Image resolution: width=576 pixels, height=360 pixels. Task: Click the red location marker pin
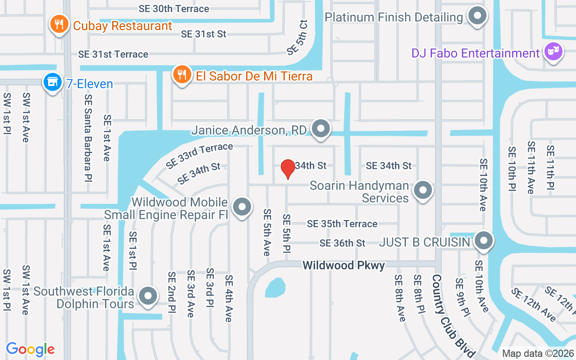[288, 169]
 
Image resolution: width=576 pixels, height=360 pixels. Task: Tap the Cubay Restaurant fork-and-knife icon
[59, 24]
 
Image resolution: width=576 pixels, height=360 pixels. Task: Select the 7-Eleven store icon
[53, 83]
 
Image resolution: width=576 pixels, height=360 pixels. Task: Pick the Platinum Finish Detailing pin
[477, 17]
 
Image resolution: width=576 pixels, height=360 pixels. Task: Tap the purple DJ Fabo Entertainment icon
[553, 52]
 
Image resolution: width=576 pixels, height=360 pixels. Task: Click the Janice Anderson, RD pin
[321, 129]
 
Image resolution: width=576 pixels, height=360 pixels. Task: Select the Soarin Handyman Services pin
[423, 190]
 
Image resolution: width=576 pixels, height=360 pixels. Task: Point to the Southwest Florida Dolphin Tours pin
[148, 296]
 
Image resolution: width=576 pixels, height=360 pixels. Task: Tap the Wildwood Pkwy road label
[344, 265]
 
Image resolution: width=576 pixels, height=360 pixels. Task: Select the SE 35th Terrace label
[342, 224]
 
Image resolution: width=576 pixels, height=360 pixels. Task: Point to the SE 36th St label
[342, 243]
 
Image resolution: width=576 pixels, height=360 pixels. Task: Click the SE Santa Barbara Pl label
[88, 138]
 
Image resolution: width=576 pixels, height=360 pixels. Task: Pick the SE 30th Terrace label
[174, 9]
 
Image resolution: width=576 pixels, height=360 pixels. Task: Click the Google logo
[31, 349]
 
